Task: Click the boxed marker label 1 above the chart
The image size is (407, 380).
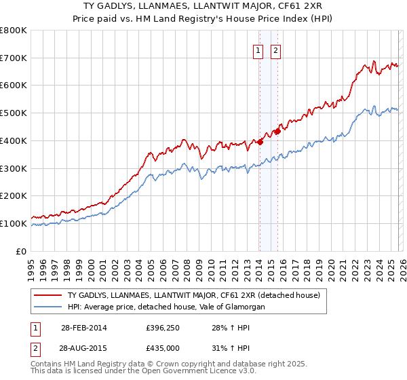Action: point(259,50)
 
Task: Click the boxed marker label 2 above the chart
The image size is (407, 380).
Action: point(276,50)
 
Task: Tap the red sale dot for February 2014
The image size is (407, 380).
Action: point(260,142)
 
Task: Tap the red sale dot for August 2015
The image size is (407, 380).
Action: point(277,131)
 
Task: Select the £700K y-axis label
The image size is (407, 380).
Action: point(14,58)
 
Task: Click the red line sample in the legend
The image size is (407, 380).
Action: point(48,295)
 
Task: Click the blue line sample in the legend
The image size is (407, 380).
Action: point(48,307)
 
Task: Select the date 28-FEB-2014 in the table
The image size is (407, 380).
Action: point(83,328)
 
